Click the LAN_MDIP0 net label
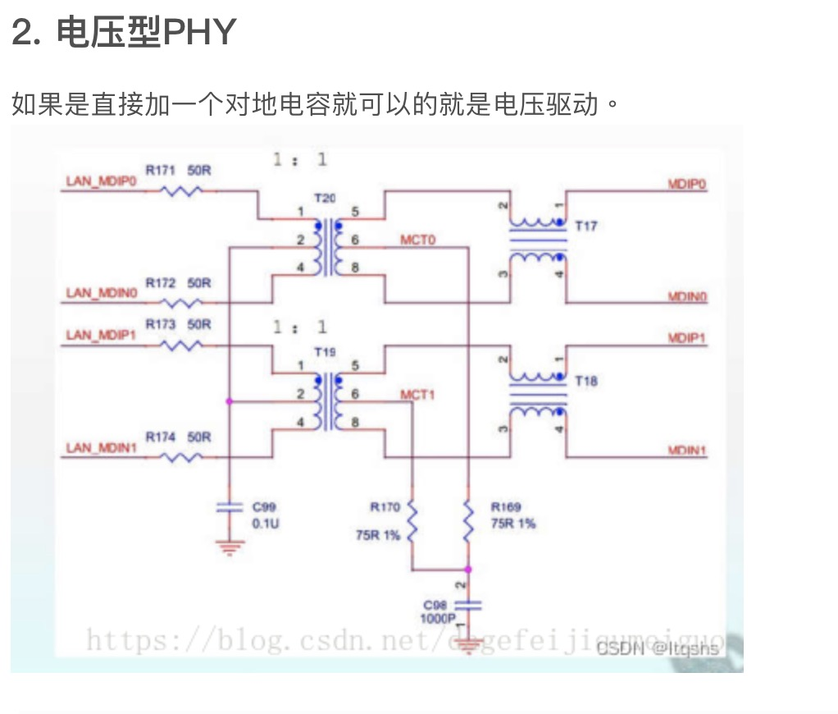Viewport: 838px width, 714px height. (100, 182)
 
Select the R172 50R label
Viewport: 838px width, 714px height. (178, 283)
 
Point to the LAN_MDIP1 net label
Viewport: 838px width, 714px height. (100, 334)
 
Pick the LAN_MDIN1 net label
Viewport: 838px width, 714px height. (100, 447)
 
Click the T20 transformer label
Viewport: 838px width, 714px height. (325, 199)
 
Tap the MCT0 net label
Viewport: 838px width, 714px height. (418, 240)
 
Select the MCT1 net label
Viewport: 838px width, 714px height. (418, 395)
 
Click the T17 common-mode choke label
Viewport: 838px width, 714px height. (585, 227)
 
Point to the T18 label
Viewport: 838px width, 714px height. (585, 382)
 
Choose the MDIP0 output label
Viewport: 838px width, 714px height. (687, 185)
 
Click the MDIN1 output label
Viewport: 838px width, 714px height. (687, 450)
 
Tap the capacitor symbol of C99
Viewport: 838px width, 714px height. (230, 509)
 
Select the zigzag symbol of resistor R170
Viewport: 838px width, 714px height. (412, 522)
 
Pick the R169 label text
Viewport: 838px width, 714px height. (506, 507)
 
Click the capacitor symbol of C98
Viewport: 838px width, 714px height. (468, 606)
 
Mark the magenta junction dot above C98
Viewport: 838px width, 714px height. (468, 569)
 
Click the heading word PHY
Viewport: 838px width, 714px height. (199, 33)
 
